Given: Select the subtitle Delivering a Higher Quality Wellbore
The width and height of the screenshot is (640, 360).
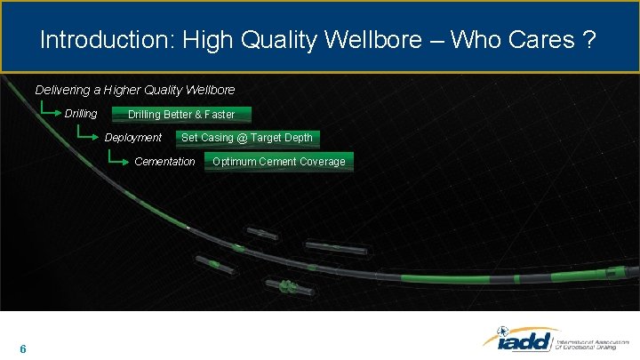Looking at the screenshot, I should tap(135, 90).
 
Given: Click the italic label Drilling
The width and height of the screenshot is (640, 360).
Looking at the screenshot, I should tap(81, 114).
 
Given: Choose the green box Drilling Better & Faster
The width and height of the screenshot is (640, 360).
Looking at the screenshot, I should tap(181, 115).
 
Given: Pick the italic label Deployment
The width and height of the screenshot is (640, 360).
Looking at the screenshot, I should tap(133, 138).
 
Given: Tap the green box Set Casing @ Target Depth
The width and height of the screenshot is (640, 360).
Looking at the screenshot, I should tap(247, 138).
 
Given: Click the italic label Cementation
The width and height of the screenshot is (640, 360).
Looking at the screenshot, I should tap(164, 162).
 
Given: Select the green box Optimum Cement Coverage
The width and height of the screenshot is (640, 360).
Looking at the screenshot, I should tap(279, 162).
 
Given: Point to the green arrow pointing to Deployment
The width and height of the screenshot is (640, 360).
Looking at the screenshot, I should tap(88, 136).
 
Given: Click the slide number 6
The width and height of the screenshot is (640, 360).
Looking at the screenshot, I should tap(22, 348).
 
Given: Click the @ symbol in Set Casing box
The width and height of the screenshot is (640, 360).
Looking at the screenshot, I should tap(242, 138).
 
